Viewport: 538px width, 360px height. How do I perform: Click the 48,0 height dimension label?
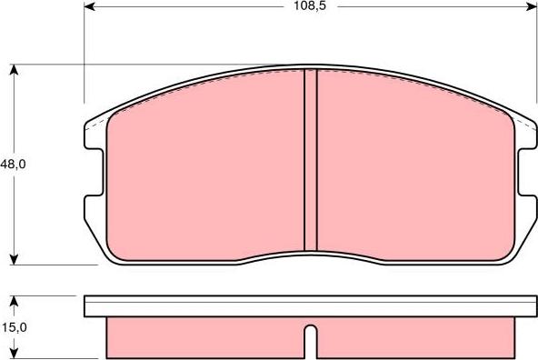point(13,165)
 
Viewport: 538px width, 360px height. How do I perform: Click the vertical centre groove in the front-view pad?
point(310,159)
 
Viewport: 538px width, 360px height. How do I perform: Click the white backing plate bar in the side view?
point(309,306)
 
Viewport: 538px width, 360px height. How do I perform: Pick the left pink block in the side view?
point(204,336)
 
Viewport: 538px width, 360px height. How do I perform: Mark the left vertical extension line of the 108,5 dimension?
point(85,55)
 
